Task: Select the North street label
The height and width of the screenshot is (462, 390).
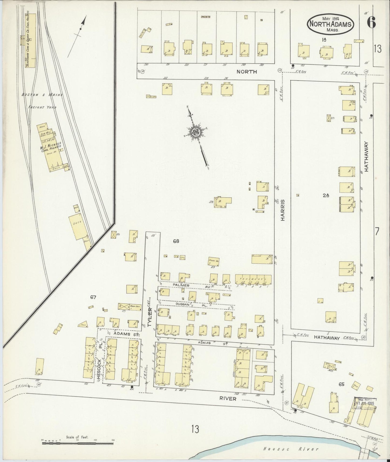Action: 247,72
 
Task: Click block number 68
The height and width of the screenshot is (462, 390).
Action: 176,241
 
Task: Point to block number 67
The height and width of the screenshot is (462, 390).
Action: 93,297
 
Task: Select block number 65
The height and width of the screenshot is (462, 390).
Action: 341,384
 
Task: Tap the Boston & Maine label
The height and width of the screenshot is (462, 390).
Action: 43,95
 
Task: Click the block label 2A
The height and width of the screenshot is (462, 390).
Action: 326,196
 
